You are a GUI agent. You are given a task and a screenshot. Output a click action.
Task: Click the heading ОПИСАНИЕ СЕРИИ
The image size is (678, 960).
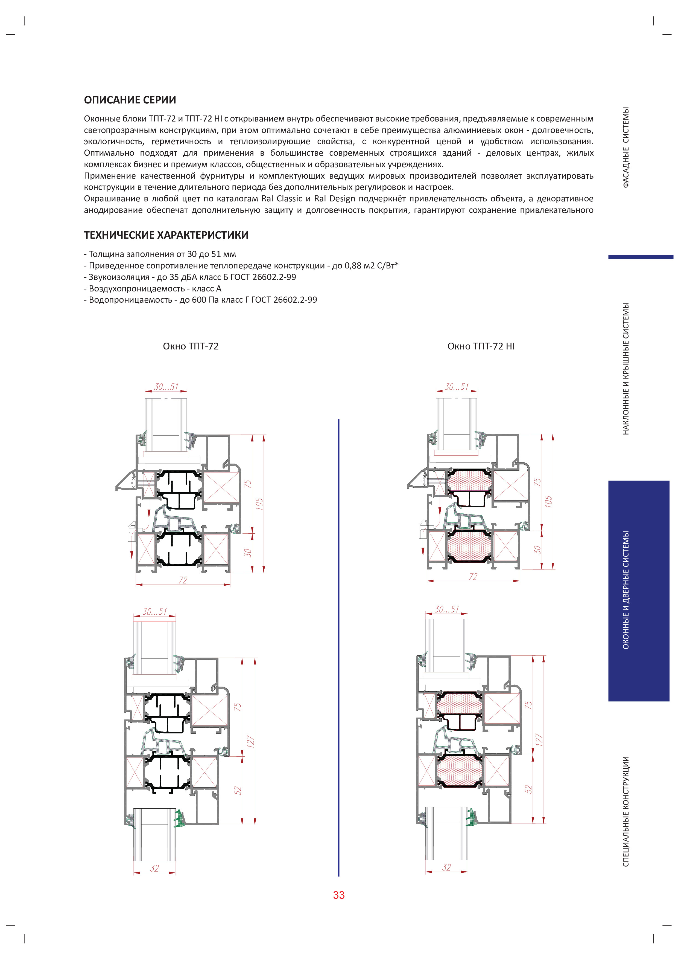click(130, 100)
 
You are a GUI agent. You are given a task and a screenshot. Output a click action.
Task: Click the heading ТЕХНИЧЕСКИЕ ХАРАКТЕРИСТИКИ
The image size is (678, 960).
click(166, 235)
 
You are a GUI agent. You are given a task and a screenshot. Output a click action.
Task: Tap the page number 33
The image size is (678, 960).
click(339, 895)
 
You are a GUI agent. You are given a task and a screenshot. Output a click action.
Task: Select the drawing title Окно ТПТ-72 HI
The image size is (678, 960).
click(481, 346)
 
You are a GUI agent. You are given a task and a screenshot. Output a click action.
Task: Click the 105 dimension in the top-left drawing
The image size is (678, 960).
click(259, 504)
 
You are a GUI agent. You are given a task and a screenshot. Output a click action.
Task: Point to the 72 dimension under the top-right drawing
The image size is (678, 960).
click(473, 577)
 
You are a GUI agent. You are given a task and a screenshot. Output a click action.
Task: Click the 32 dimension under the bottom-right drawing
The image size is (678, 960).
click(446, 867)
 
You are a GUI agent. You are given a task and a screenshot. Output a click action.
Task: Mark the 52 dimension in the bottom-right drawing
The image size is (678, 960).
click(528, 789)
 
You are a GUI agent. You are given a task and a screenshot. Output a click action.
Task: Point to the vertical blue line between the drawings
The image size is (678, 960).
click(338, 648)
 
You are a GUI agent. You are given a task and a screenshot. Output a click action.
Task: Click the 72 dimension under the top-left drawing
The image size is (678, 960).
click(183, 580)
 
